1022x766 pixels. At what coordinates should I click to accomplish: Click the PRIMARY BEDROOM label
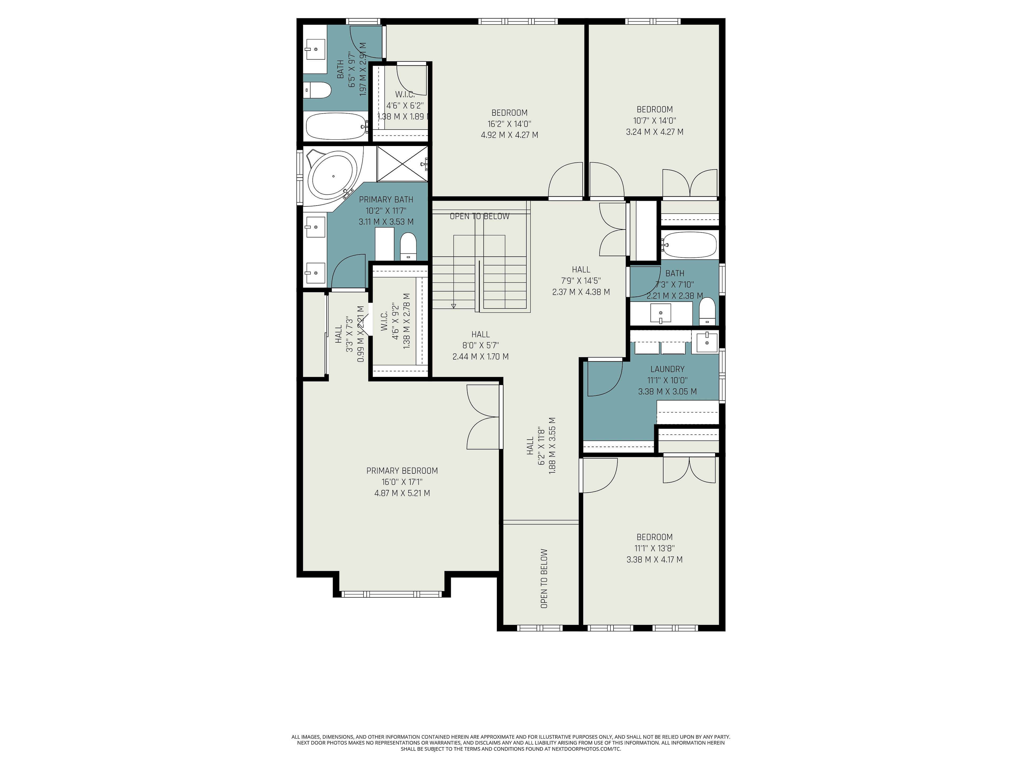tap(402, 471)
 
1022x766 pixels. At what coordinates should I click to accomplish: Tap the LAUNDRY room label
tap(667, 369)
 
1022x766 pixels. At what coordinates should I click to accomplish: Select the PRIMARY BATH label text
tap(386, 199)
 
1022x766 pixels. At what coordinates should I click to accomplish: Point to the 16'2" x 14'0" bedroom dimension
tap(509, 124)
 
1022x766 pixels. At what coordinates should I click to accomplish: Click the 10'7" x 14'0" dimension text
tap(655, 120)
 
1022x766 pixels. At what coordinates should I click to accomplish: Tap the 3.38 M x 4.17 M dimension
tap(654, 560)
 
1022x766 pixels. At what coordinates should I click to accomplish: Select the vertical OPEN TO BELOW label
tap(544, 578)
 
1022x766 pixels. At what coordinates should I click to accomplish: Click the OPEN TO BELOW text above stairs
tap(480, 216)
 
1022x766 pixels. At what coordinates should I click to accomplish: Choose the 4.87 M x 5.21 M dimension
tap(402, 493)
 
